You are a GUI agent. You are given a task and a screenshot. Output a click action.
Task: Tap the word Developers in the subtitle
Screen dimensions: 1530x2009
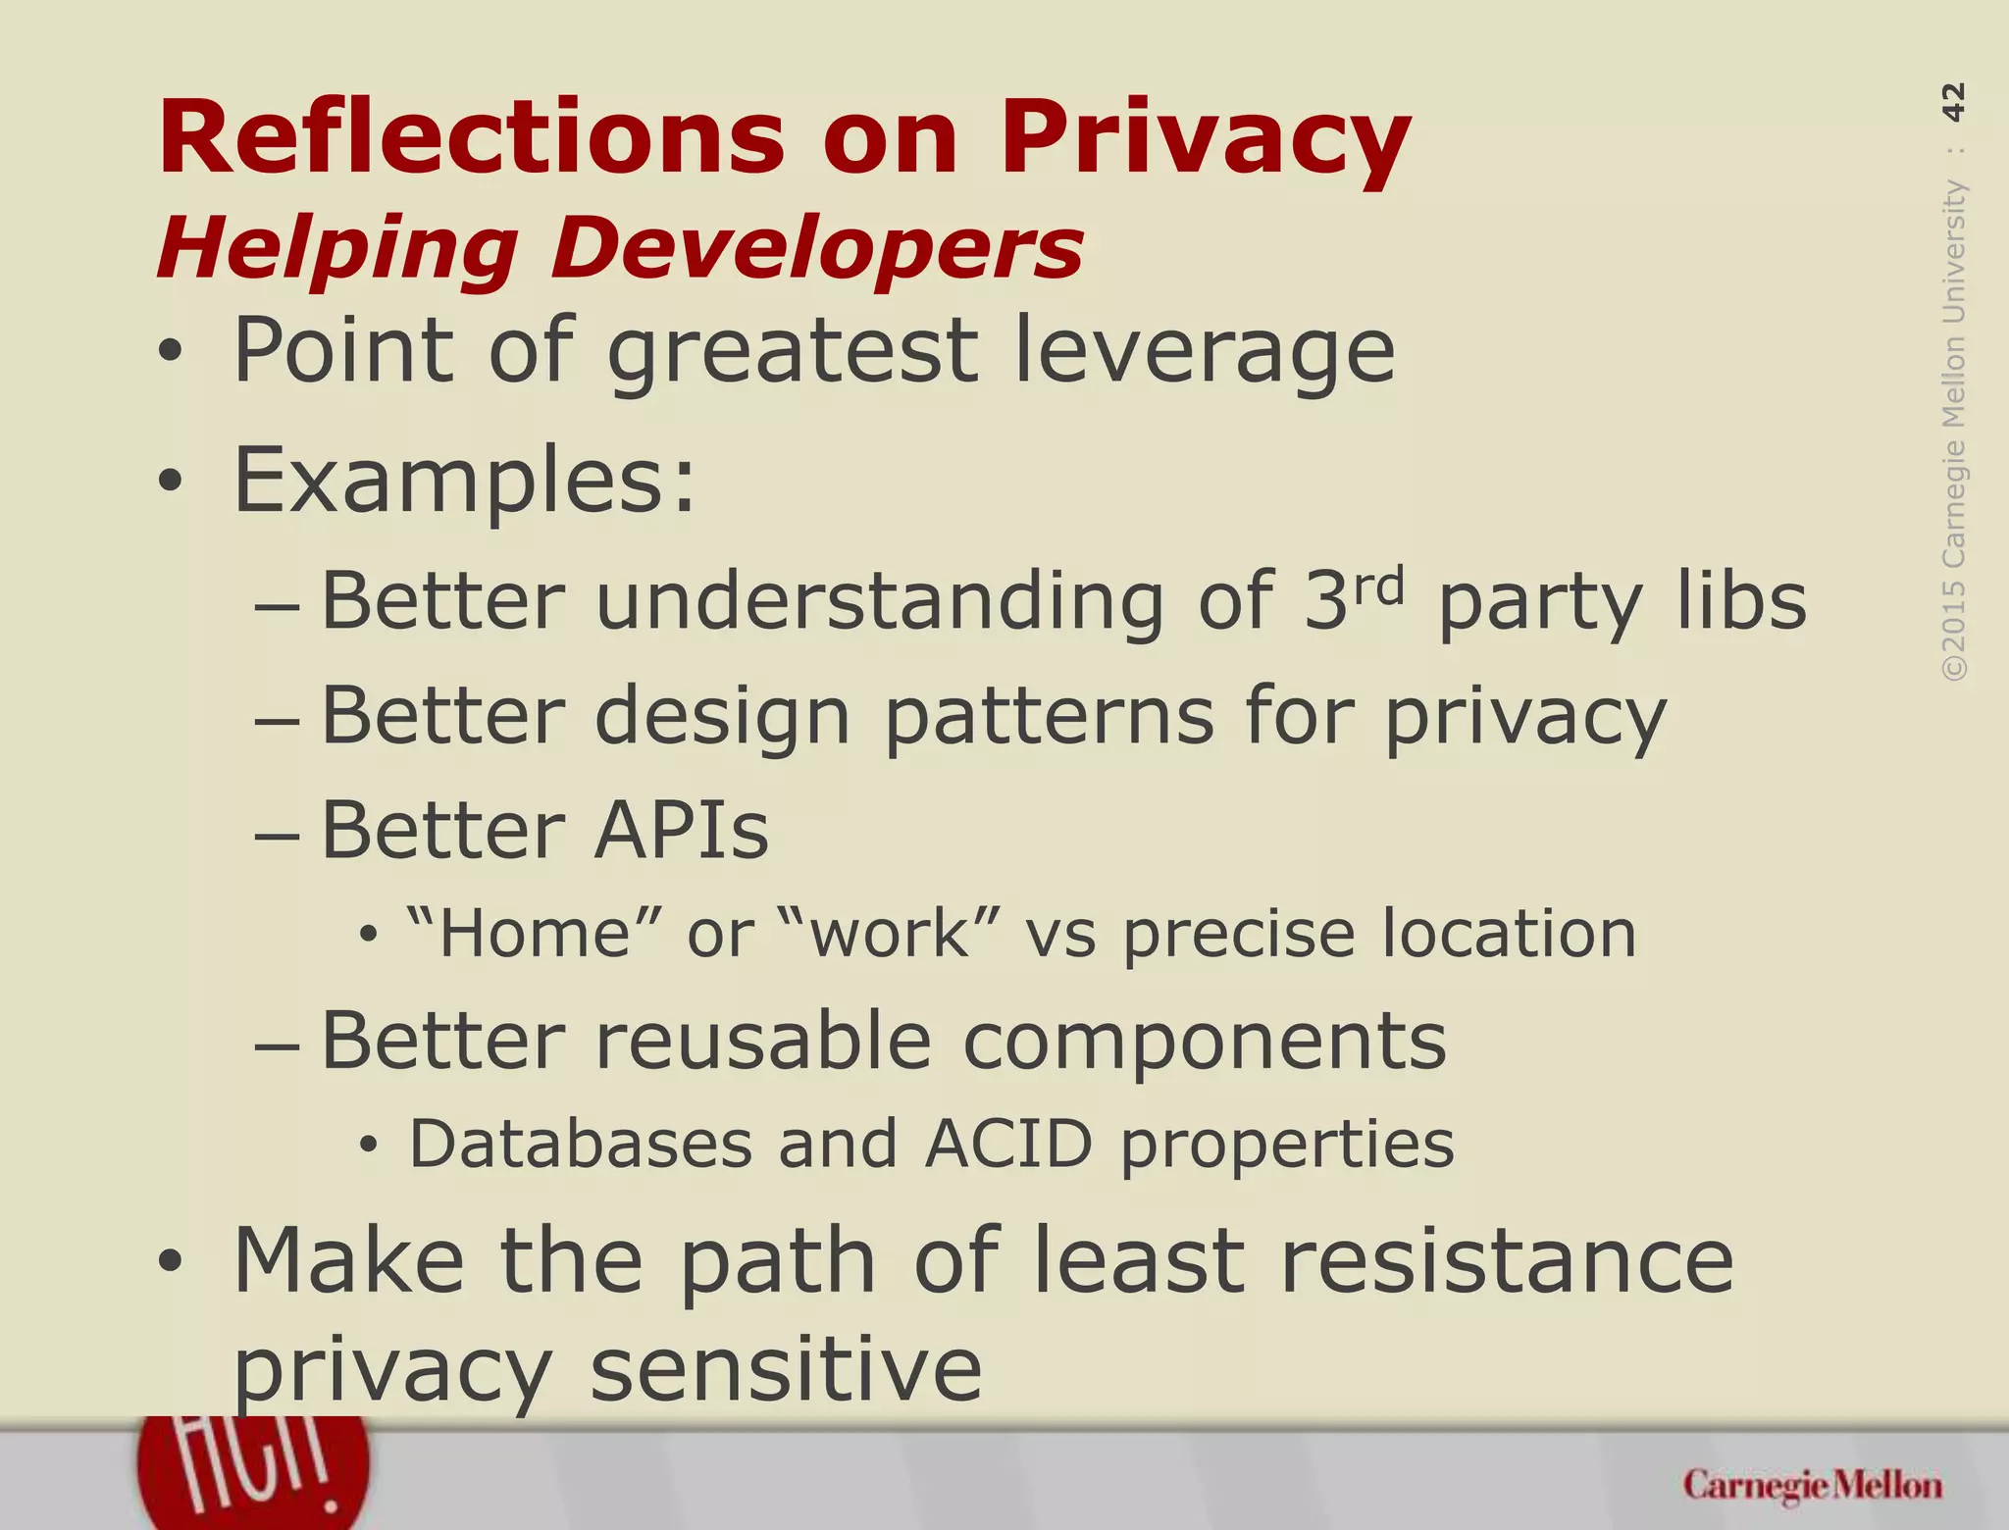coord(816,249)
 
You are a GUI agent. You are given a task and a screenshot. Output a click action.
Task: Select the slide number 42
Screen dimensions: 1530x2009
coord(1953,102)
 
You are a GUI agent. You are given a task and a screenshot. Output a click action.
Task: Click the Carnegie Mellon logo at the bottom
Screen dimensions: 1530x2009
coord(1812,1485)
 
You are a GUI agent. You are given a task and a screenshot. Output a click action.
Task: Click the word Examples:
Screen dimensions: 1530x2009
coord(464,481)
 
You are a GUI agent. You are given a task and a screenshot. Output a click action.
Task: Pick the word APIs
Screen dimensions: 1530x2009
coord(682,831)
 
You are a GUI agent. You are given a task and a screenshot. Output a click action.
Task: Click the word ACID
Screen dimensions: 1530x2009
coord(1007,1145)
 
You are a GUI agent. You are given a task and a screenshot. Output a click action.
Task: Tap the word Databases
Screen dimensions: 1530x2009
coord(580,1145)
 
